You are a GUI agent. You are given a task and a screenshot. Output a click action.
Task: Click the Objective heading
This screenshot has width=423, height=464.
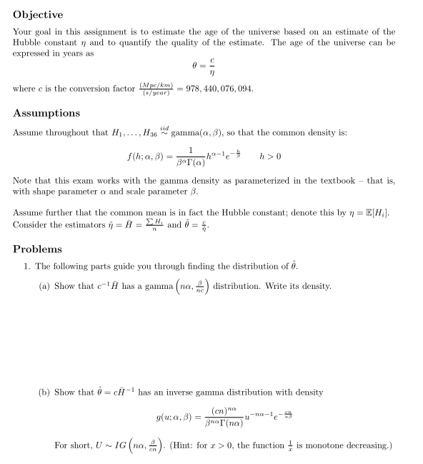(x=38, y=14)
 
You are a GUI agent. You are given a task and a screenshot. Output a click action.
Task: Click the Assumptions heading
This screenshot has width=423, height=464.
(x=46, y=113)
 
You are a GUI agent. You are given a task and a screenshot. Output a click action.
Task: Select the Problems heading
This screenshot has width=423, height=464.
(x=37, y=249)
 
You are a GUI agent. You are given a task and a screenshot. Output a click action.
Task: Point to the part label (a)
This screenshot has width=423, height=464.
(x=44, y=287)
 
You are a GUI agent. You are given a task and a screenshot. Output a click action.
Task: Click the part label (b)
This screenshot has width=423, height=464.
(x=44, y=392)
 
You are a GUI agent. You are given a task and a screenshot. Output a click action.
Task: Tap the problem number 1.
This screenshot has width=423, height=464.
(x=26, y=267)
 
